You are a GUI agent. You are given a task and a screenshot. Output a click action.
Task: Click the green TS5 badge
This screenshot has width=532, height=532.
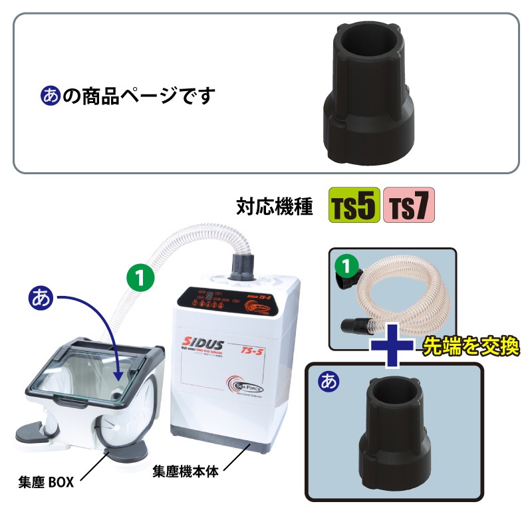[x=354, y=206]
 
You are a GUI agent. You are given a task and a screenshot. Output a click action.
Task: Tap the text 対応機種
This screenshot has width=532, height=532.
[x=275, y=207]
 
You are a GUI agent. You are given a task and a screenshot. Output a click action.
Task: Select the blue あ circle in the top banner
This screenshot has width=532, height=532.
[x=50, y=96]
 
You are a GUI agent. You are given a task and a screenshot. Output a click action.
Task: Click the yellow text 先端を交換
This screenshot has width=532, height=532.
[x=469, y=346]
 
